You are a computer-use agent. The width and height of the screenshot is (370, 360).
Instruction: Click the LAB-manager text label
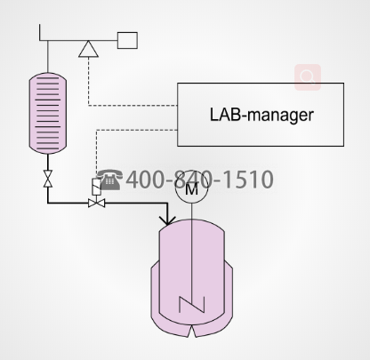click(x=261, y=115)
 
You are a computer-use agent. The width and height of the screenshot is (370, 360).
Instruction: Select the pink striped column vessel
click(x=48, y=113)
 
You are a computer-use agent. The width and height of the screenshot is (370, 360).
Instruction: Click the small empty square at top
click(x=127, y=40)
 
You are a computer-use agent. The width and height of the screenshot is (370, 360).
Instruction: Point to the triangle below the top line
click(x=88, y=49)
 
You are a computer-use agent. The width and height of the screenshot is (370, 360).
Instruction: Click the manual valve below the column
click(x=48, y=179)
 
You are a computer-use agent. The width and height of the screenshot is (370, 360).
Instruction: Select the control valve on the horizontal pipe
click(x=97, y=203)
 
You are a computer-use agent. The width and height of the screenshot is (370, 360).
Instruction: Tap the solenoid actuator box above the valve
click(x=97, y=187)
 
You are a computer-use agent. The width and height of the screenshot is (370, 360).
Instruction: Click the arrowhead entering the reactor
click(x=167, y=220)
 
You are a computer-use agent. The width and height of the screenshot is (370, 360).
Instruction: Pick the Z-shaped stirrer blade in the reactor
click(x=192, y=305)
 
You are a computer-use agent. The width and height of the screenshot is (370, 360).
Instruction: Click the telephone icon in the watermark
click(x=109, y=180)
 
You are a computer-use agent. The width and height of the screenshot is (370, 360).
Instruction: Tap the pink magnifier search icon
click(x=308, y=77)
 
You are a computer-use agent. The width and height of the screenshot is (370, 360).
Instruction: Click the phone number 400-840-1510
click(x=199, y=180)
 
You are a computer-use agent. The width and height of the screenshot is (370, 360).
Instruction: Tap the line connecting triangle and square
click(x=108, y=40)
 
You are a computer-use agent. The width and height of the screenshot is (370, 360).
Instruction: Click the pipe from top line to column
click(x=48, y=56)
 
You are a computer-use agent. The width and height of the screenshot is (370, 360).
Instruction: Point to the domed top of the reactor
click(x=192, y=220)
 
